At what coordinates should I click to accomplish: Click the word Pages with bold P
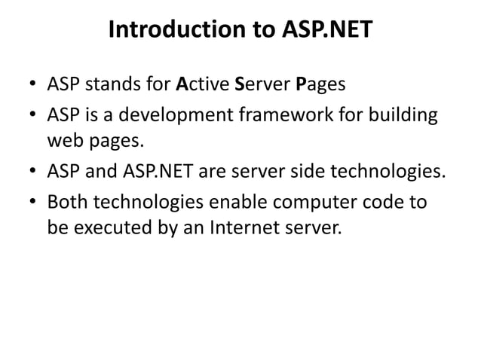point(320,84)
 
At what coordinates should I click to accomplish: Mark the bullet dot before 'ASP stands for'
point(33,84)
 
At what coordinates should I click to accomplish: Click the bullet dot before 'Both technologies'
point(33,203)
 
